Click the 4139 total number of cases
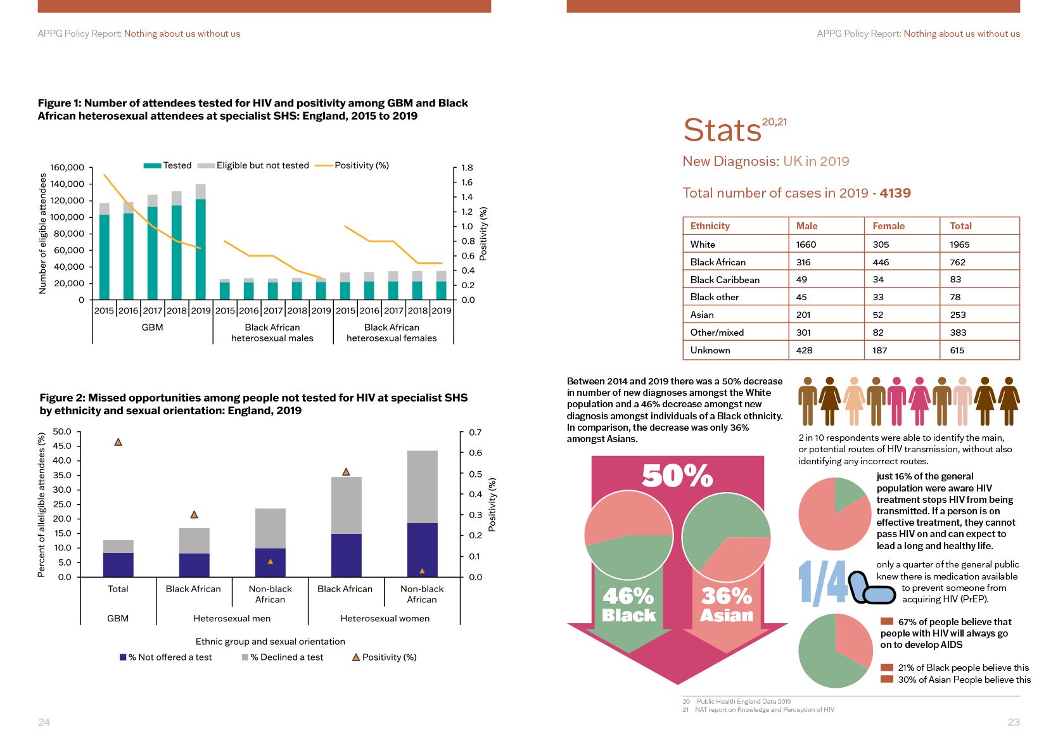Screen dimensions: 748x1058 click(895, 193)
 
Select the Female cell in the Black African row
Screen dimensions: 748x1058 click(881, 262)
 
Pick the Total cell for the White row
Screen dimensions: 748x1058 click(959, 244)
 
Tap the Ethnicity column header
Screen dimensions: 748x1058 click(710, 226)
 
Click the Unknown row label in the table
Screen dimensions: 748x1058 click(710, 350)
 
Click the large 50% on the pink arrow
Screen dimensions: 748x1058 click(677, 476)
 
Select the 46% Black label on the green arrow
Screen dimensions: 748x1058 click(628, 605)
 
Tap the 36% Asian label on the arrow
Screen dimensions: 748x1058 click(727, 605)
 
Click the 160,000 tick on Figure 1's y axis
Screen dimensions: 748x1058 click(67, 168)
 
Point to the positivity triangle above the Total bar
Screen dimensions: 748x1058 click(118, 442)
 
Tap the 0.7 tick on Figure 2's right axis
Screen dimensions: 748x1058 click(475, 433)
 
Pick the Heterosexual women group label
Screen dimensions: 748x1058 click(385, 619)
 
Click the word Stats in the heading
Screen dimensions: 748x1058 click(722, 130)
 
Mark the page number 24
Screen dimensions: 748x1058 click(44, 722)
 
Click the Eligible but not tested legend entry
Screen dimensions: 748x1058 click(262, 165)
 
